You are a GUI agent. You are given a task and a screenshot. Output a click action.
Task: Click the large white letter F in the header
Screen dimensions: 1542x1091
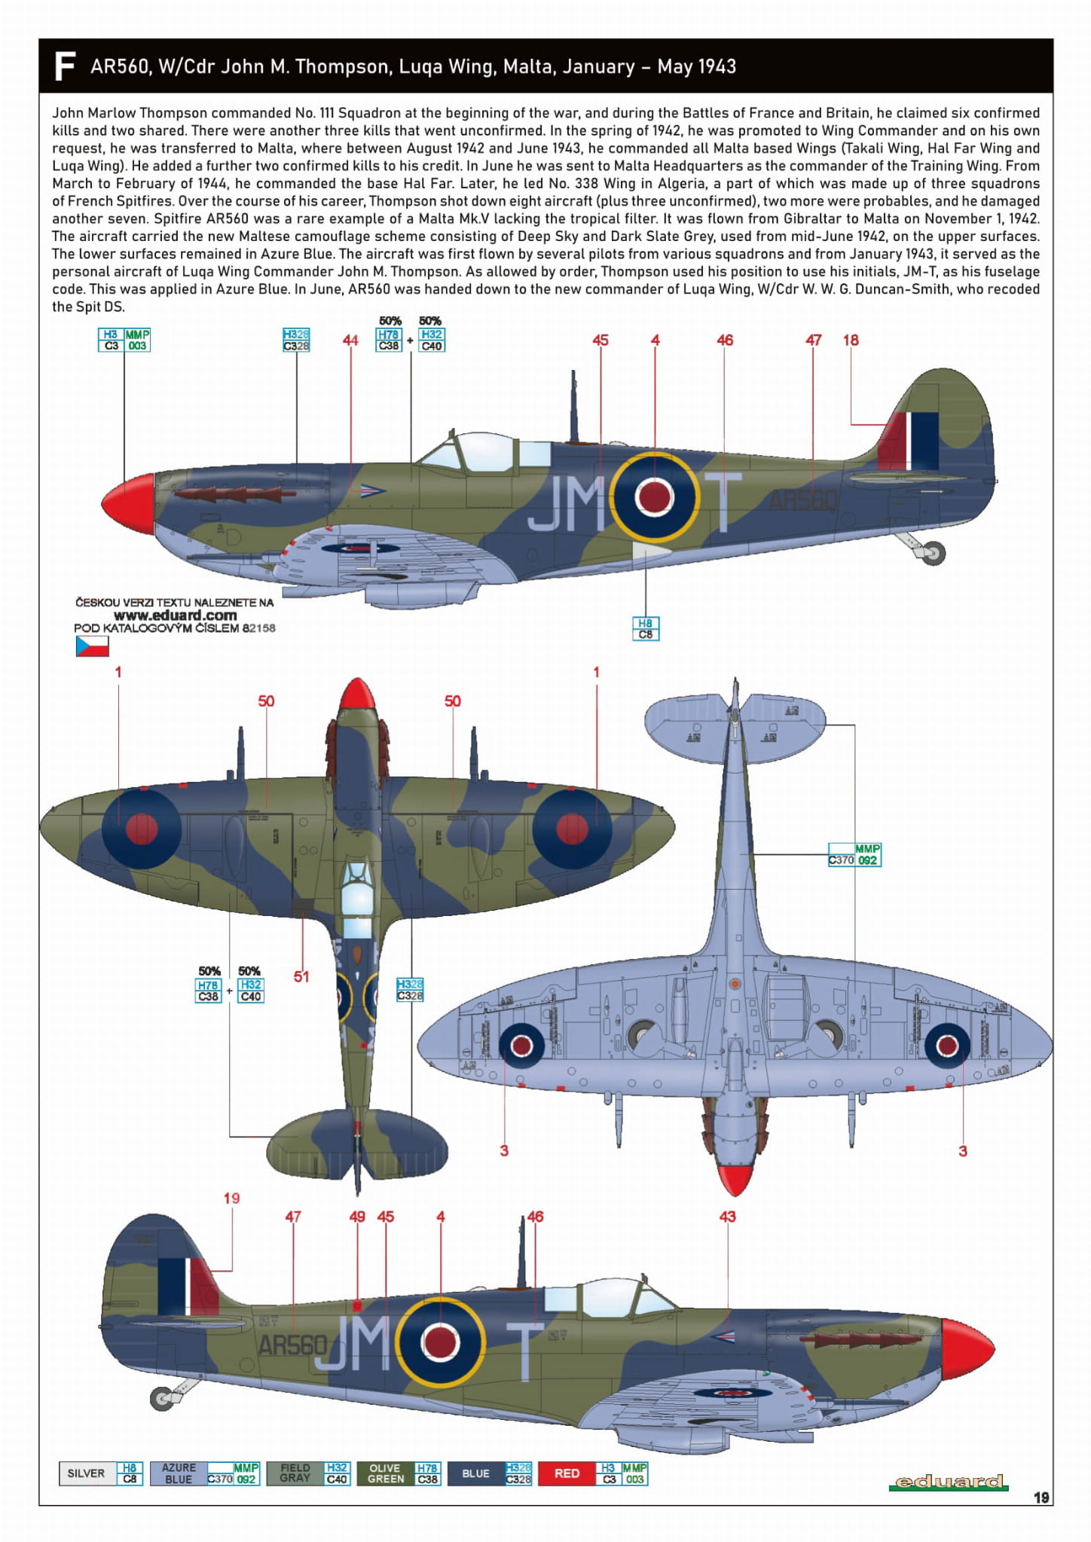[65, 66]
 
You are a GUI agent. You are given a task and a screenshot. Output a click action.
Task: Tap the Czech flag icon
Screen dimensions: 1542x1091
[92, 646]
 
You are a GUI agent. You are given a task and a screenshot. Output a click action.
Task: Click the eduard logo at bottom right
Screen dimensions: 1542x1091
[949, 1482]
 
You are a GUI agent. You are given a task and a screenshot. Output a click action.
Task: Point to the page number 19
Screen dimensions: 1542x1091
[1041, 1497]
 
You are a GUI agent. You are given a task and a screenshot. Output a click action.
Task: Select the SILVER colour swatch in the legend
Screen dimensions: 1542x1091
[87, 1473]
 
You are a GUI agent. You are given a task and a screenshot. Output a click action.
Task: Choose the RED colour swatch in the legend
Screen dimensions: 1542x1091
[567, 1473]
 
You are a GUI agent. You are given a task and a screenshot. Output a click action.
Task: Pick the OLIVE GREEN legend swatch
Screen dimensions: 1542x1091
[386, 1473]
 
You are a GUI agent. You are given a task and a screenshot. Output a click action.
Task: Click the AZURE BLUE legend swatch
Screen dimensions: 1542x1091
[179, 1473]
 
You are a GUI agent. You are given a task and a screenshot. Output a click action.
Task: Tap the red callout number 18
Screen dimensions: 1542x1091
[851, 340]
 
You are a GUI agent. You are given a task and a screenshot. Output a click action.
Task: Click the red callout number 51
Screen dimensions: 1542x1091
[301, 976]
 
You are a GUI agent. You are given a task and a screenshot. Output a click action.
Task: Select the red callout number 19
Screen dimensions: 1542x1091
[231, 1198]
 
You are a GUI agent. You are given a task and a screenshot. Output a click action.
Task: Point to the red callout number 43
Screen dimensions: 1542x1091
[727, 1217]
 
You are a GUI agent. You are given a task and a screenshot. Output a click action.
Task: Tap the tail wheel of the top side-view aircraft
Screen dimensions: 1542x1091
[934, 554]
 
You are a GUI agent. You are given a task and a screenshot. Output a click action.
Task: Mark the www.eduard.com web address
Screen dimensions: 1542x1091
[175, 615]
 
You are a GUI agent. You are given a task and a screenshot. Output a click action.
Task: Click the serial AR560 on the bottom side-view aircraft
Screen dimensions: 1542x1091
[292, 1345]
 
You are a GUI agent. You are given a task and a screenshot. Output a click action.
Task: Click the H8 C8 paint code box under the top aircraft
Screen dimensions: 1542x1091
[646, 628]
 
